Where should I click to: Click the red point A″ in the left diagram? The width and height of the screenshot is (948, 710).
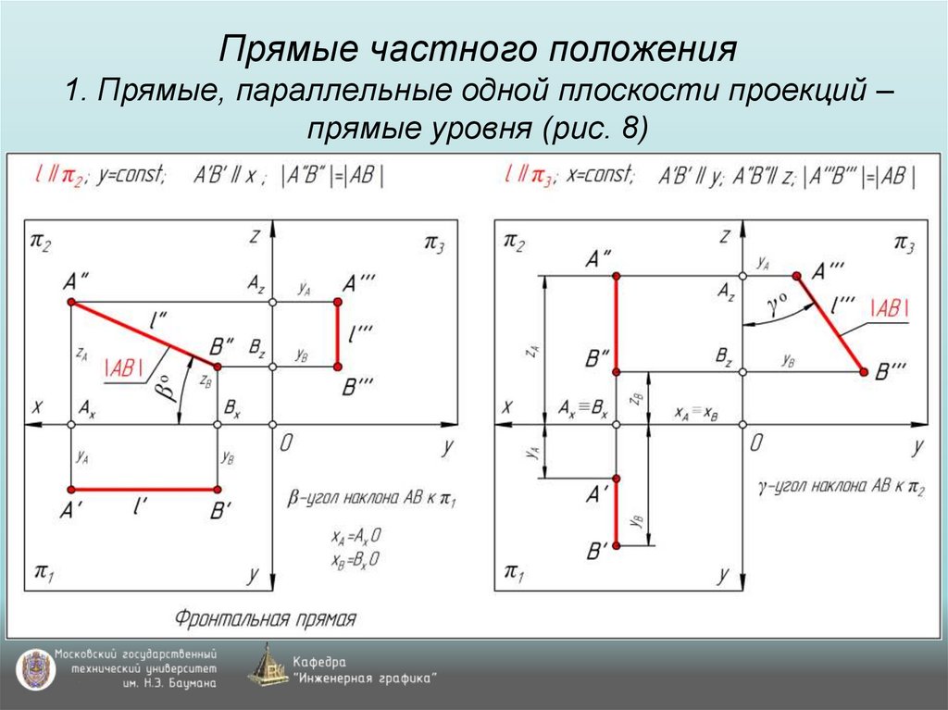71,303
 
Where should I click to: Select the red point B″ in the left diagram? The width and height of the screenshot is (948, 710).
217,367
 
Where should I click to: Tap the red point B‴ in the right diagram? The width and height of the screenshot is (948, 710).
864,372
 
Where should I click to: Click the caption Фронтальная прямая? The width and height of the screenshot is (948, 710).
266,617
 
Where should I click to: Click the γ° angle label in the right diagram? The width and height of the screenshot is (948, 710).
779,306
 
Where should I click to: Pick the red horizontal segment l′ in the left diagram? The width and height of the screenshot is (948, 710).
143,489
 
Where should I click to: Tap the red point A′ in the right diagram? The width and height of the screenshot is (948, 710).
617,479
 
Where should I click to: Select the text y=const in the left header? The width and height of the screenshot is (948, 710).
134,174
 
